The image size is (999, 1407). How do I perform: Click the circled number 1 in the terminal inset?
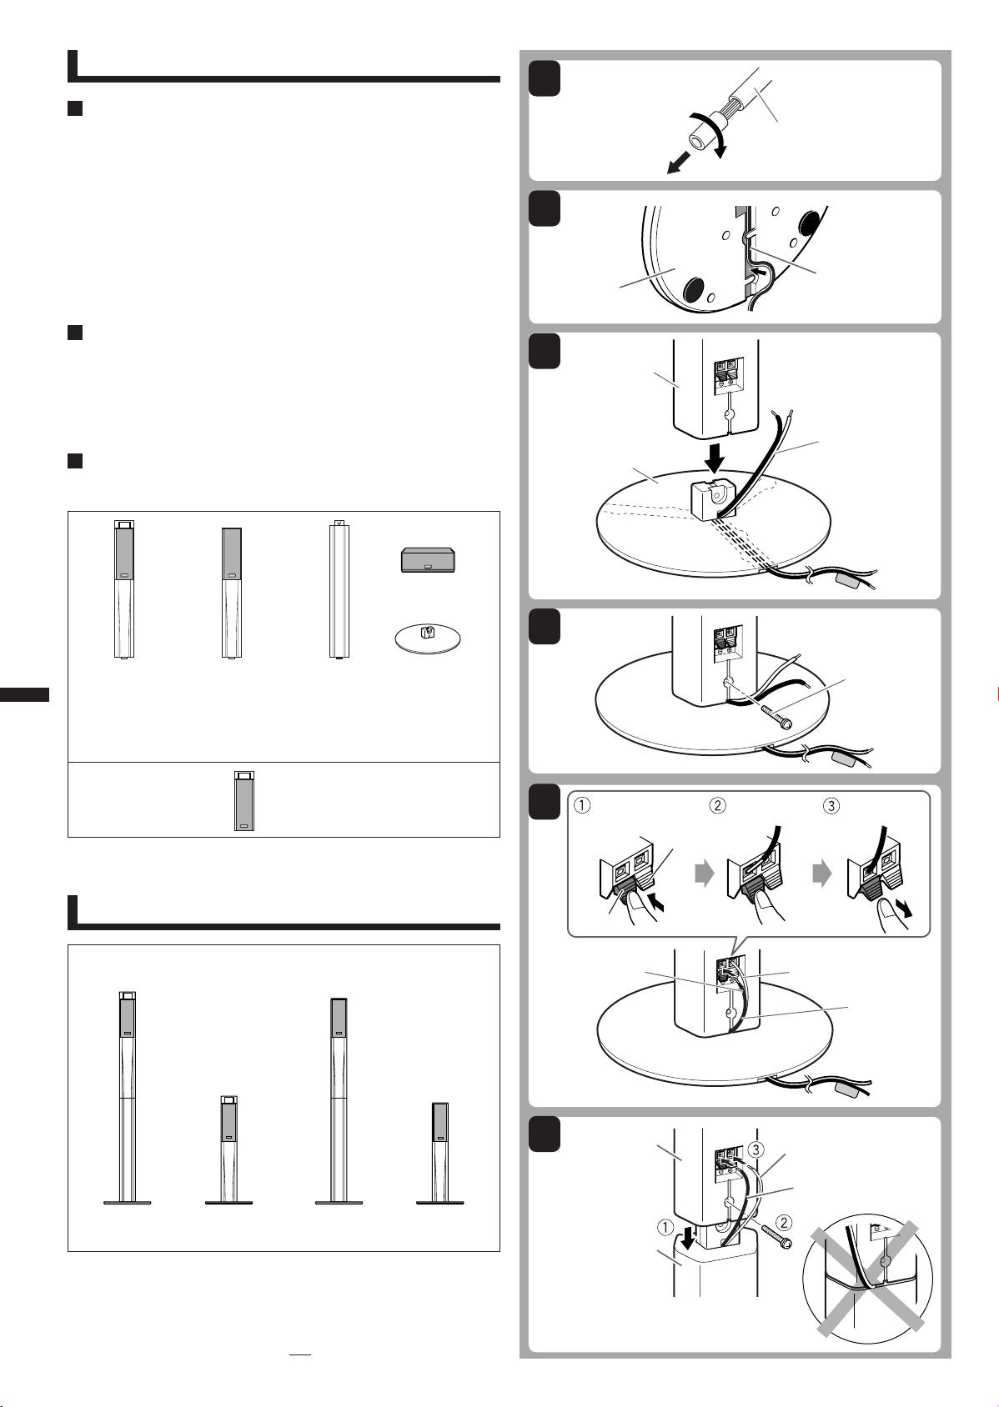(x=582, y=805)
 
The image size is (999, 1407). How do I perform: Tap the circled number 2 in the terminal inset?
(x=717, y=805)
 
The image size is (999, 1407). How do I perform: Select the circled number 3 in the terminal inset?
(x=831, y=805)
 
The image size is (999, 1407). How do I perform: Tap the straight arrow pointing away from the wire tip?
(x=678, y=164)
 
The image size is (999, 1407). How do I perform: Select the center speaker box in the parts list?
(x=428, y=559)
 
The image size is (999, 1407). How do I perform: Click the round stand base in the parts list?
(x=428, y=638)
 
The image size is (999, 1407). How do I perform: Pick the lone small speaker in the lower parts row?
(x=244, y=801)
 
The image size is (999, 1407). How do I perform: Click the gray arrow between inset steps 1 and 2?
(x=705, y=874)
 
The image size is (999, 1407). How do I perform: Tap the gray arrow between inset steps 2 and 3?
(x=822, y=874)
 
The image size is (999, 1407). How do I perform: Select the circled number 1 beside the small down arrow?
(x=665, y=1227)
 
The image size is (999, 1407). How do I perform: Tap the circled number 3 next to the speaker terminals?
(x=756, y=1149)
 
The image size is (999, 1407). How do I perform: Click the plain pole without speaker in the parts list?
(x=339, y=588)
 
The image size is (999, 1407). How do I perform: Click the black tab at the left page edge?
(x=24, y=694)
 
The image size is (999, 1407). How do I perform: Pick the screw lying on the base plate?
(x=776, y=717)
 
